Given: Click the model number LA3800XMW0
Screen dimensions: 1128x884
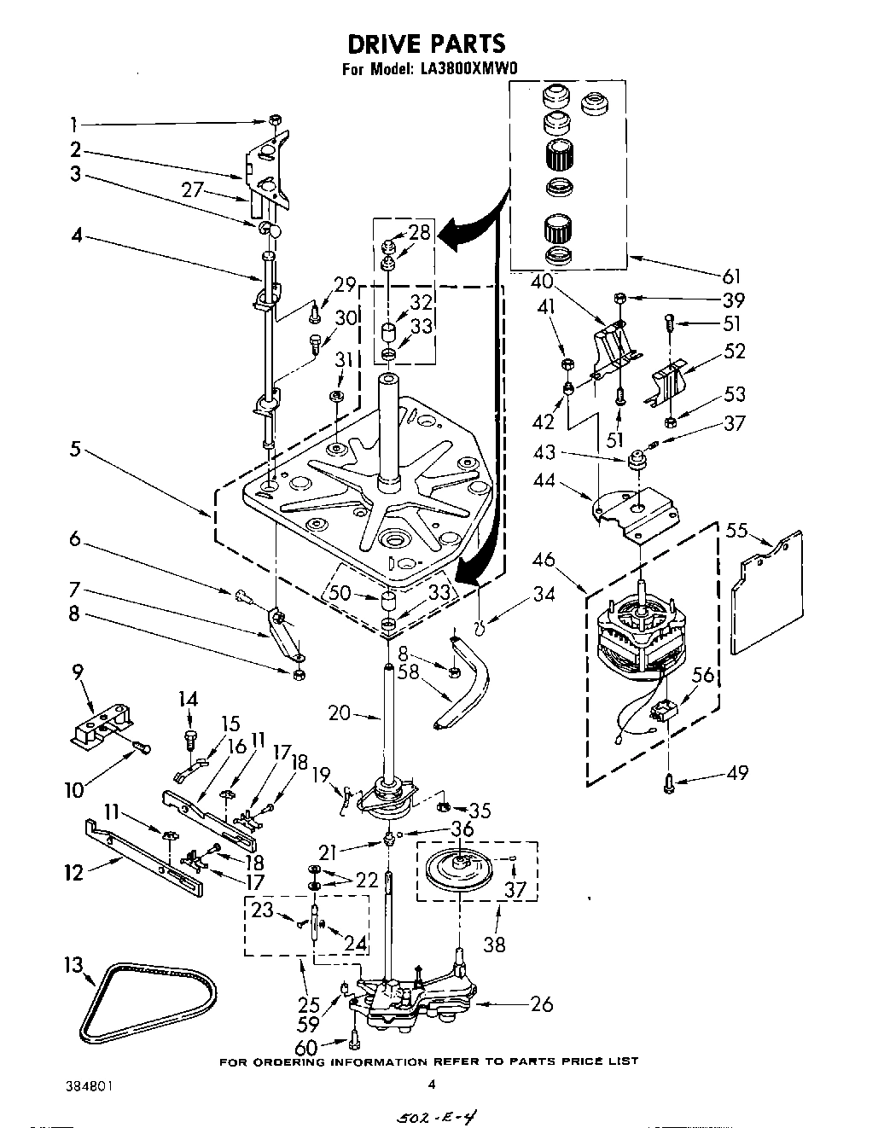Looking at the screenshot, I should (468, 71).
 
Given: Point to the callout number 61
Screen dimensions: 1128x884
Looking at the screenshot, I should (731, 276).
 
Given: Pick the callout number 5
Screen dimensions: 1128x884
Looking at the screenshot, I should (76, 448).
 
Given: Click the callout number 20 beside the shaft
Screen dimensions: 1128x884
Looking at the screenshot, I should (340, 711).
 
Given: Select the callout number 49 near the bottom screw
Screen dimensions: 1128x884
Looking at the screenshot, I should (737, 772).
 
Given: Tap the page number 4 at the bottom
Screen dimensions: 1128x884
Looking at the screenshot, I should (432, 1084).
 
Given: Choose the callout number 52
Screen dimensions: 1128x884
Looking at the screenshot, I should (734, 351).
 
